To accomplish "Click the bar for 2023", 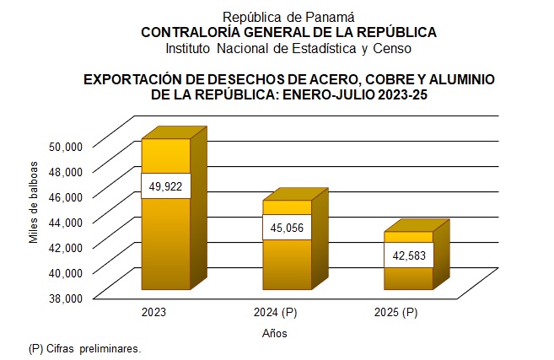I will [165, 236].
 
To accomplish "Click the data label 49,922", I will [165, 185].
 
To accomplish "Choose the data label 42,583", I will [408, 255].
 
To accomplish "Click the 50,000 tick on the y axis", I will [65, 145].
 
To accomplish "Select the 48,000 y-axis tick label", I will [65, 170].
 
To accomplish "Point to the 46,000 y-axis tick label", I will [65, 196].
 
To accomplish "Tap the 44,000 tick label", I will [65, 221].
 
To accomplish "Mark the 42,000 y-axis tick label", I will [65, 246].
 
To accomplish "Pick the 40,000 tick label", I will [65, 271].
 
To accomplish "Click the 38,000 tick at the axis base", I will [65, 297].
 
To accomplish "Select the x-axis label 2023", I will [153, 313].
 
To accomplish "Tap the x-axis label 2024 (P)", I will [275, 313].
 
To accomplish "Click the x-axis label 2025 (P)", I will [395, 313].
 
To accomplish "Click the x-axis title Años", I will [275, 333].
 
